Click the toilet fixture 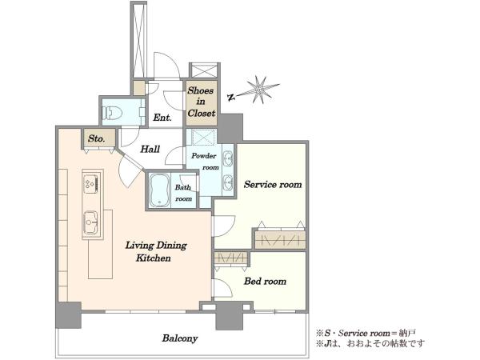coord(112,113)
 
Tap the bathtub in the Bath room coord(159,190)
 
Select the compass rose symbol coord(259,89)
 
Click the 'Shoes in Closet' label coord(201,102)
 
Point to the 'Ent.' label coord(162,118)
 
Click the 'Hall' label coord(150,149)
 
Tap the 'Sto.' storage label coord(97,138)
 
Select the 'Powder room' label coord(205,162)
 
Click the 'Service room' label coord(273,184)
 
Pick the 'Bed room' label coord(265,281)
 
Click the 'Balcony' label coord(180,338)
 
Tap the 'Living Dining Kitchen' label coord(155,251)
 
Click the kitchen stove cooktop coord(91,184)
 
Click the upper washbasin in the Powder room coord(227,159)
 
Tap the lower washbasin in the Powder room coord(227,182)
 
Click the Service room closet coord(280,238)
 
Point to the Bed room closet coord(231,258)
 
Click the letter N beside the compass coord(231,98)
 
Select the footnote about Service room coord(366,333)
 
